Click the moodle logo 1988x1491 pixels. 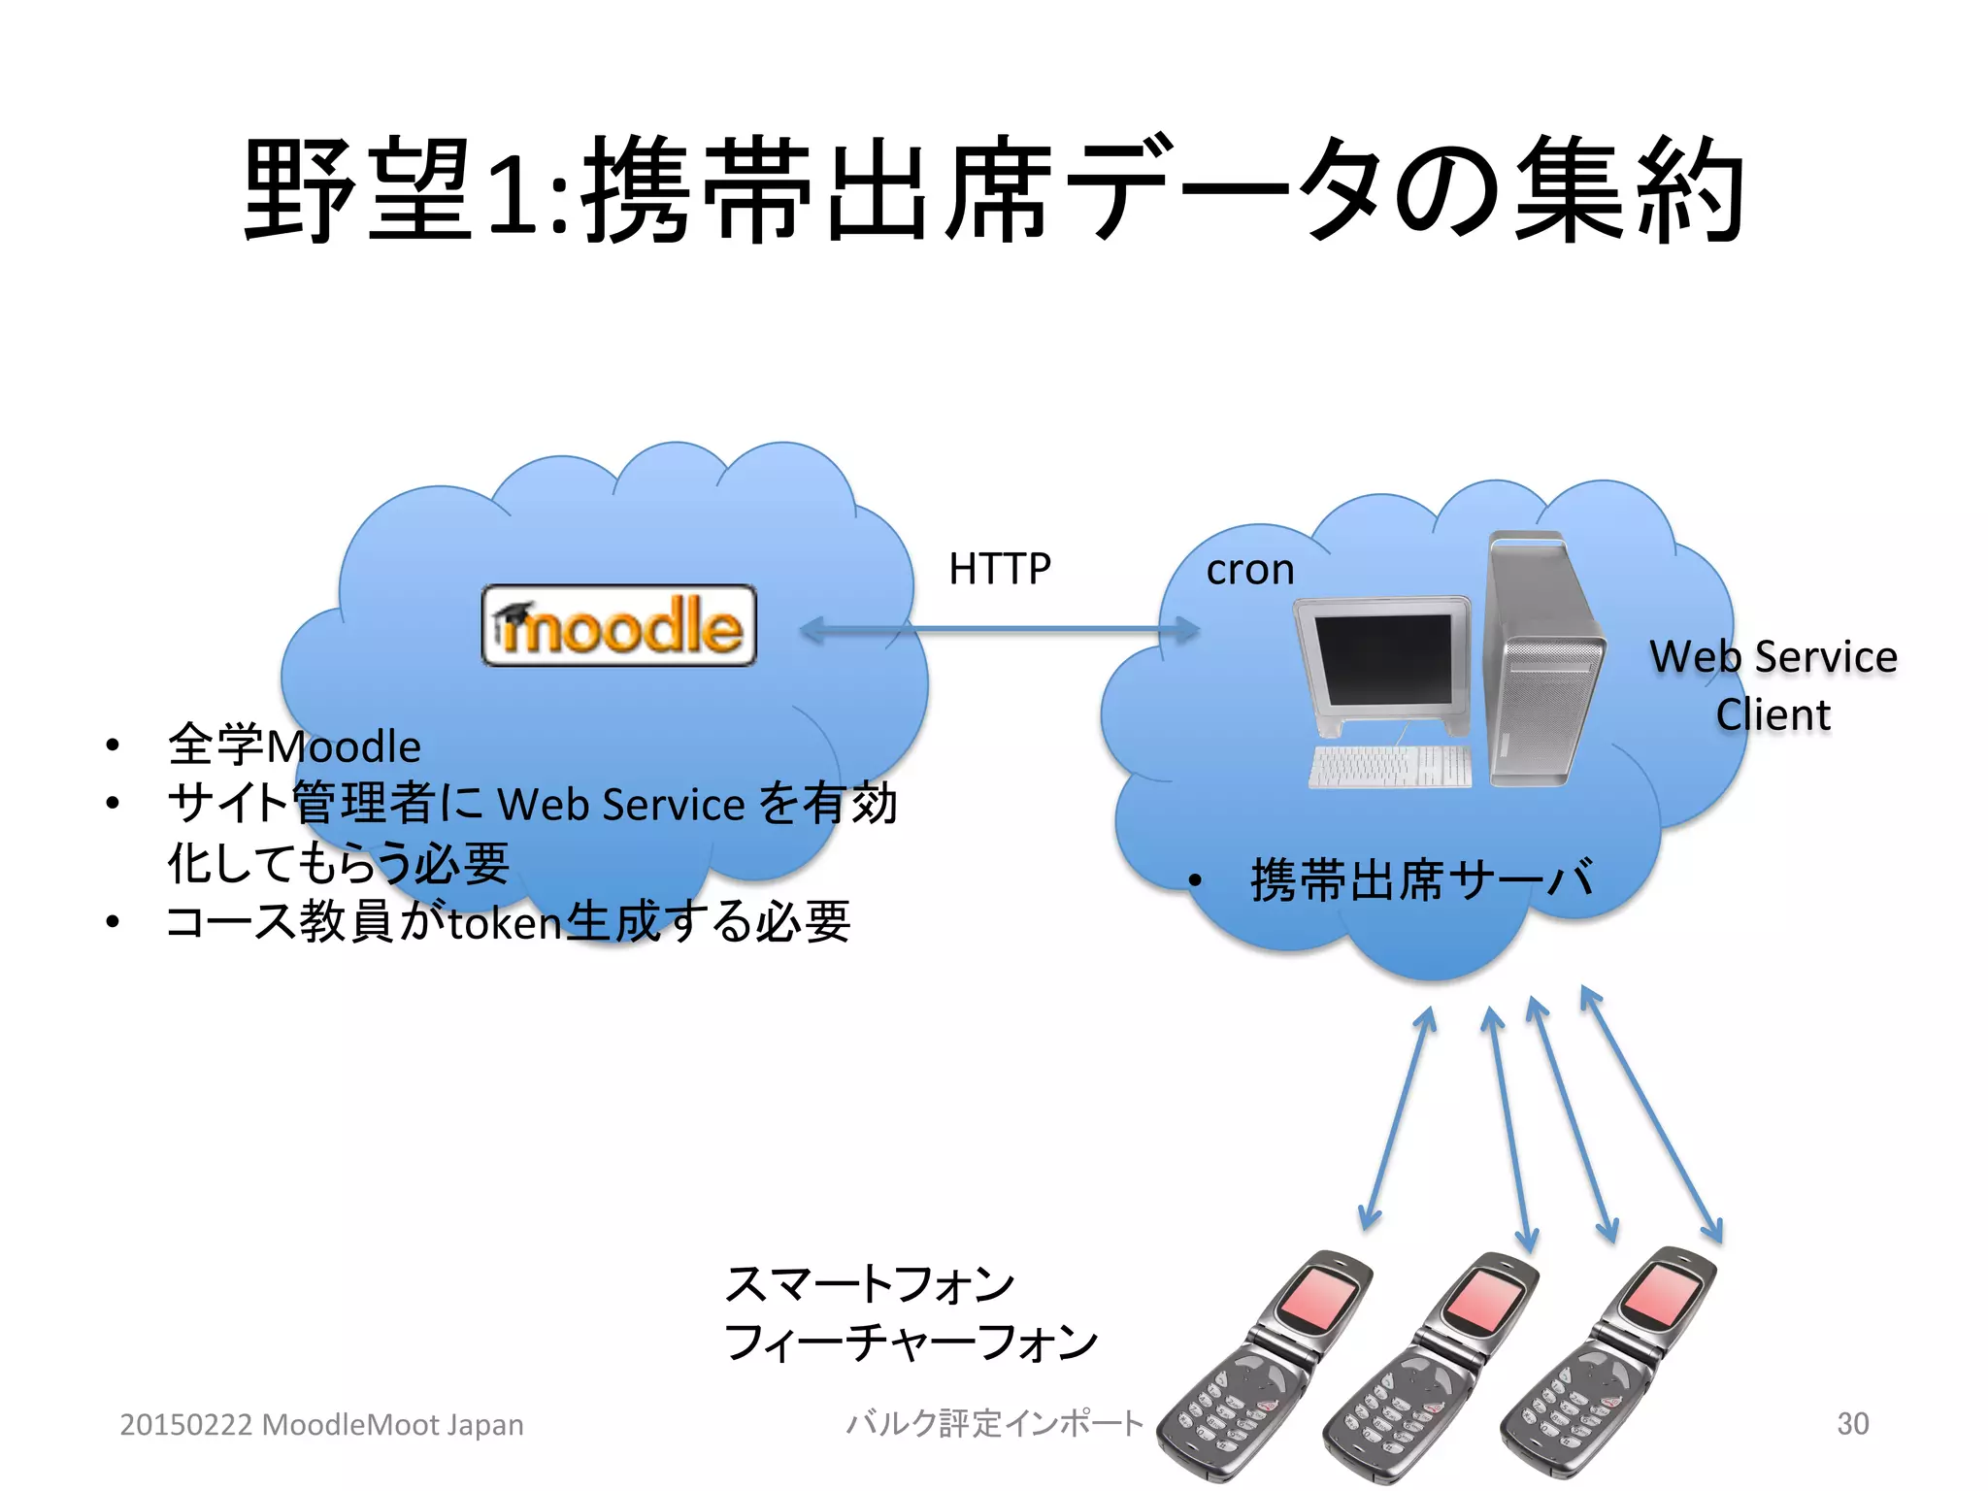(x=618, y=626)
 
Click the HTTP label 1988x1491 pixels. (x=999, y=569)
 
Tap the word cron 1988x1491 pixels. (x=1249, y=570)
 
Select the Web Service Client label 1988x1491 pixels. (x=1773, y=685)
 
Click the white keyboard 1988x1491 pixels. (x=1389, y=766)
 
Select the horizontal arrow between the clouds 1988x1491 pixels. (x=1000, y=630)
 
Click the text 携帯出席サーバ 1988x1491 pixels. (x=1421, y=879)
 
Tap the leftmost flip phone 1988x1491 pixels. (x=1262, y=1369)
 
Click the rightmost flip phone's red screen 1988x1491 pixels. (x=1662, y=1295)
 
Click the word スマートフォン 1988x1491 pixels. (x=869, y=1283)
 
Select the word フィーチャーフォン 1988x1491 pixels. (x=911, y=1342)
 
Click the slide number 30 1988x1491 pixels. (x=1852, y=1423)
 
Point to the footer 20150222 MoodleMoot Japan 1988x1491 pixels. (x=321, y=1424)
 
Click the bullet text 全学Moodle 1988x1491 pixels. (x=294, y=746)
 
